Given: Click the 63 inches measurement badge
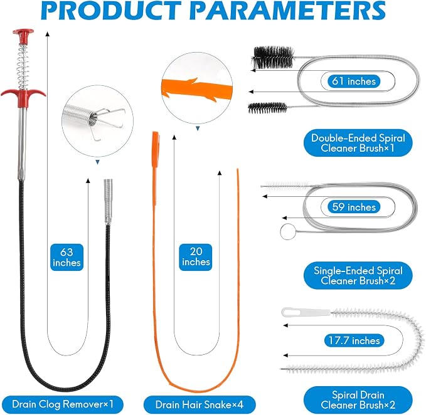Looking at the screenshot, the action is click(67, 257).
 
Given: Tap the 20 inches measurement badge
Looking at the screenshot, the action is click(196, 257).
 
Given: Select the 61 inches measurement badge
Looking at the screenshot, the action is click(354, 81).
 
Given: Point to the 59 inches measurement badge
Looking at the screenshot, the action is click(354, 207).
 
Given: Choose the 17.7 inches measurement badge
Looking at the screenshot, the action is click(354, 340).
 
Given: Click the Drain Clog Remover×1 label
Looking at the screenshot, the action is click(63, 404).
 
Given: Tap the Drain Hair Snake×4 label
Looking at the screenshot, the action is click(200, 404).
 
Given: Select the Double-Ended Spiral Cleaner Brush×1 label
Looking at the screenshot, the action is click(358, 143).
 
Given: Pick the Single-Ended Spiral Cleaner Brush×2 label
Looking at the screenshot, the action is click(358, 275).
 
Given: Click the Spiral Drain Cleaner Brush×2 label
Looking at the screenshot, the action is click(358, 400).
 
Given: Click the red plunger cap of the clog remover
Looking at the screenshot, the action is click(23, 36).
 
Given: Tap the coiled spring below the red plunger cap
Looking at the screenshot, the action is click(23, 67).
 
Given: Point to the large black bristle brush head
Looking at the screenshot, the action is click(273, 58).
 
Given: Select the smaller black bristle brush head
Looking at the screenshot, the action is click(267, 108).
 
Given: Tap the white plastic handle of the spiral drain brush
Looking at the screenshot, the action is click(306, 312).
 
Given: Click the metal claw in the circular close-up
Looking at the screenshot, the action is click(108, 123).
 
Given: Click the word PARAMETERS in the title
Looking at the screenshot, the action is click(290, 11).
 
